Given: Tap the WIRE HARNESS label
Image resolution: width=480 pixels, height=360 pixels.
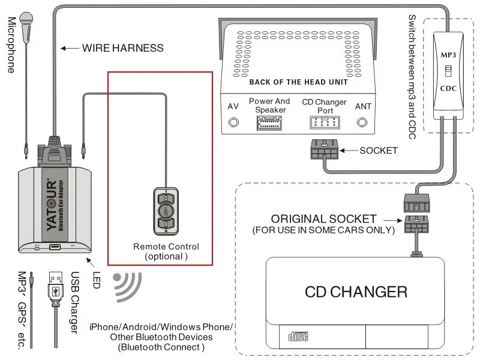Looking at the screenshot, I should pyautogui.click(x=122, y=47).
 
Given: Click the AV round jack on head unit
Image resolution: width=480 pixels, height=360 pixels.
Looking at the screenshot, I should pyautogui.click(x=233, y=122).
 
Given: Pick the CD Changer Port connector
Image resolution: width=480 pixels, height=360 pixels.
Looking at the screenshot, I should pyautogui.click(x=323, y=122).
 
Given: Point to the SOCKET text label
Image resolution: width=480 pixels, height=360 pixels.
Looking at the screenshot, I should pyautogui.click(x=378, y=150).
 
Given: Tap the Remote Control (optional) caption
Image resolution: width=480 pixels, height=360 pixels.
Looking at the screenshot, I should pyautogui.click(x=166, y=251).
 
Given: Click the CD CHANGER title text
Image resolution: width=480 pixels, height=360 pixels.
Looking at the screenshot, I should pyautogui.click(x=356, y=292).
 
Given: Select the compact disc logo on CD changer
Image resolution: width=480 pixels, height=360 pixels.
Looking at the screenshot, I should pyautogui.click(x=298, y=338).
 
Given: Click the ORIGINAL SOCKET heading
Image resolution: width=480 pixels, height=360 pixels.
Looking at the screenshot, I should pyautogui.click(x=323, y=219).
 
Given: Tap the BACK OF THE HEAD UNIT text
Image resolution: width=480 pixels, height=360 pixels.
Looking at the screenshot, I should pyautogui.click(x=298, y=82).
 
